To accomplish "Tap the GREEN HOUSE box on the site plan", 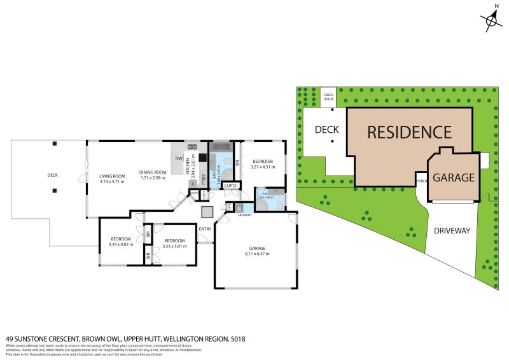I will (x=328, y=97).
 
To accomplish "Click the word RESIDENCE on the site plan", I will (x=409, y=132).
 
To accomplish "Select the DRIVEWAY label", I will (x=452, y=230).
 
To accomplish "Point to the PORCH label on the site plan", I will (x=421, y=181).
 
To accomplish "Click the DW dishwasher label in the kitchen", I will (x=179, y=158).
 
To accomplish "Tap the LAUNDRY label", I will (x=244, y=215).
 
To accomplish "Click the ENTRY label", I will (x=205, y=229).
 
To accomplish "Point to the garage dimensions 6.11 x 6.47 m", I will (x=257, y=254).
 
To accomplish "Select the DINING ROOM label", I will (x=153, y=172).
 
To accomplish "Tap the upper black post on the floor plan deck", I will (x=55, y=142).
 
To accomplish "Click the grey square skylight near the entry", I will (x=206, y=211).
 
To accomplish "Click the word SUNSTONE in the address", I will (x=36, y=339).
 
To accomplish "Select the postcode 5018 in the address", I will (x=238, y=339).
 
